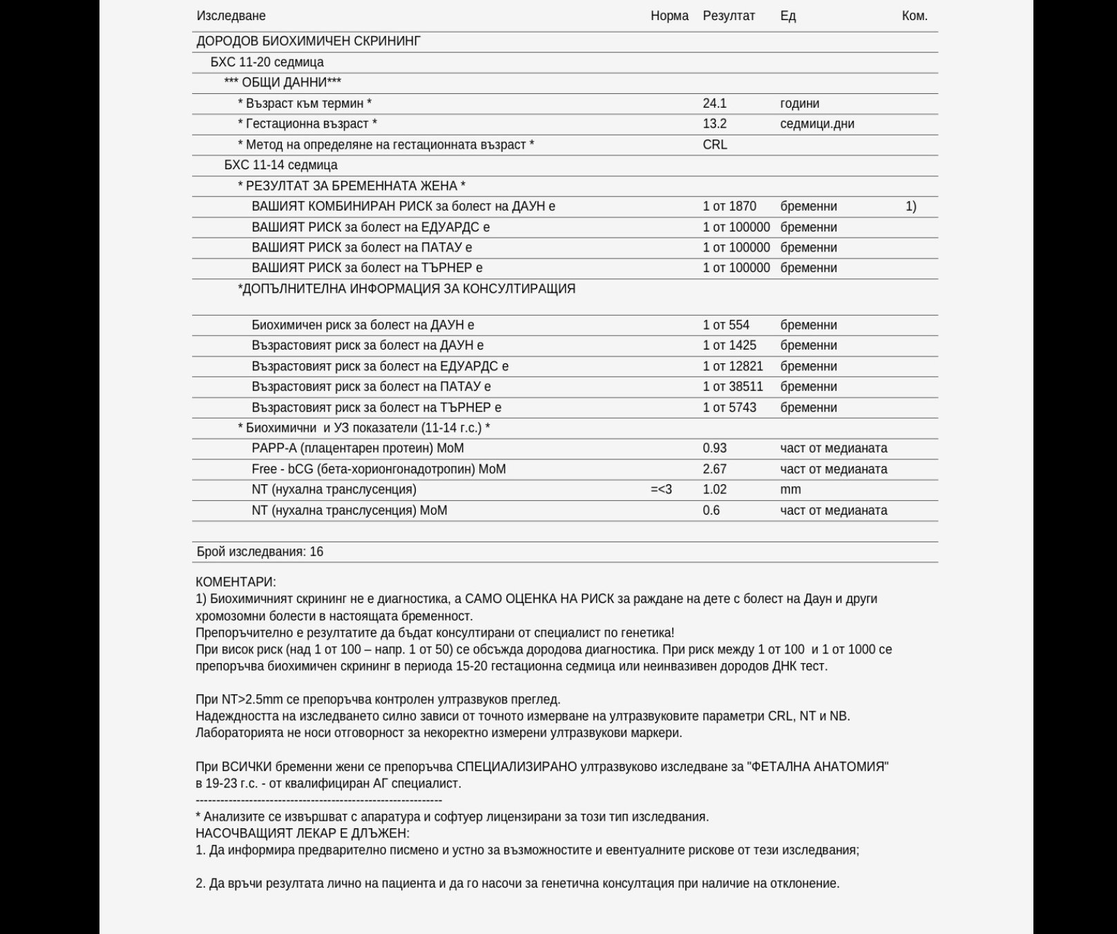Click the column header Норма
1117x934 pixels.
669,16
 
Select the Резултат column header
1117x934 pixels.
729,16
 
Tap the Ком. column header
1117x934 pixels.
914,16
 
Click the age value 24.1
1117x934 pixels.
714,104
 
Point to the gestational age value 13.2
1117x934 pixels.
714,124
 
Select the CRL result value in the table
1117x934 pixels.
715,144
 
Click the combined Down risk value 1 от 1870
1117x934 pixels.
729,207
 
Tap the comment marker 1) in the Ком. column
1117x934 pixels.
910,207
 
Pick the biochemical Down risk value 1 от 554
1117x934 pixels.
726,325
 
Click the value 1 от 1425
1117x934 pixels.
729,345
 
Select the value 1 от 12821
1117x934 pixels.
732,366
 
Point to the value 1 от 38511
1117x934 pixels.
732,387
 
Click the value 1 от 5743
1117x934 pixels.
729,408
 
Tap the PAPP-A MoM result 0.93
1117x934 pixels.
714,448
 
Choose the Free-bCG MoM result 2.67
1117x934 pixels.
714,469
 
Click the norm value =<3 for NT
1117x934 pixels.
661,490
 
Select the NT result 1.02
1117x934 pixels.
714,490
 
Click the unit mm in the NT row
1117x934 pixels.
790,490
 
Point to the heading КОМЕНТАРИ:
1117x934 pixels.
236,582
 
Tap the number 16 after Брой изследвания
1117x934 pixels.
316,552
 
